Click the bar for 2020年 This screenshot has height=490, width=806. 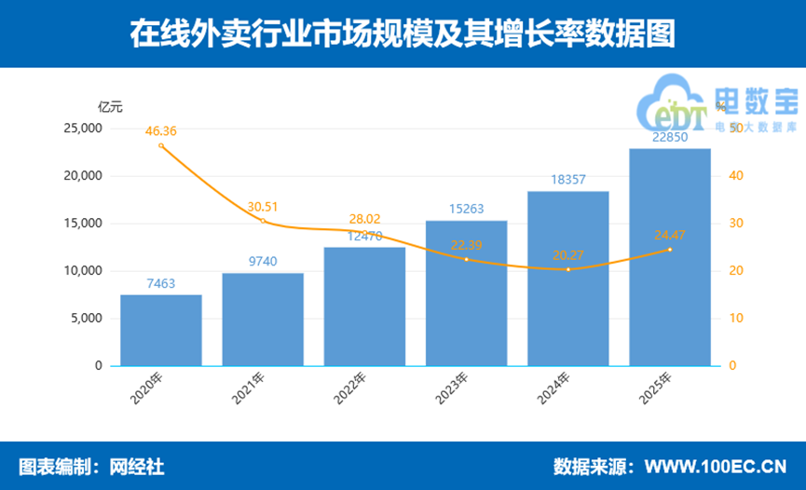[161, 331]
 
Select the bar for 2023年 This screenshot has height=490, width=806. [466, 293]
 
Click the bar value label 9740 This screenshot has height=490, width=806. [263, 263]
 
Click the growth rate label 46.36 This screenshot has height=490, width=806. [161, 131]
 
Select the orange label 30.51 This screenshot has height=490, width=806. [263, 207]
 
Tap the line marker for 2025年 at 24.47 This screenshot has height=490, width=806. [669, 250]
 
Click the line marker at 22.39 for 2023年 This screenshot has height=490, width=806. [466, 259]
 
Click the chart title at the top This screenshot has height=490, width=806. [402, 34]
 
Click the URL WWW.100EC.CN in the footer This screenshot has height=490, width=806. [716, 465]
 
